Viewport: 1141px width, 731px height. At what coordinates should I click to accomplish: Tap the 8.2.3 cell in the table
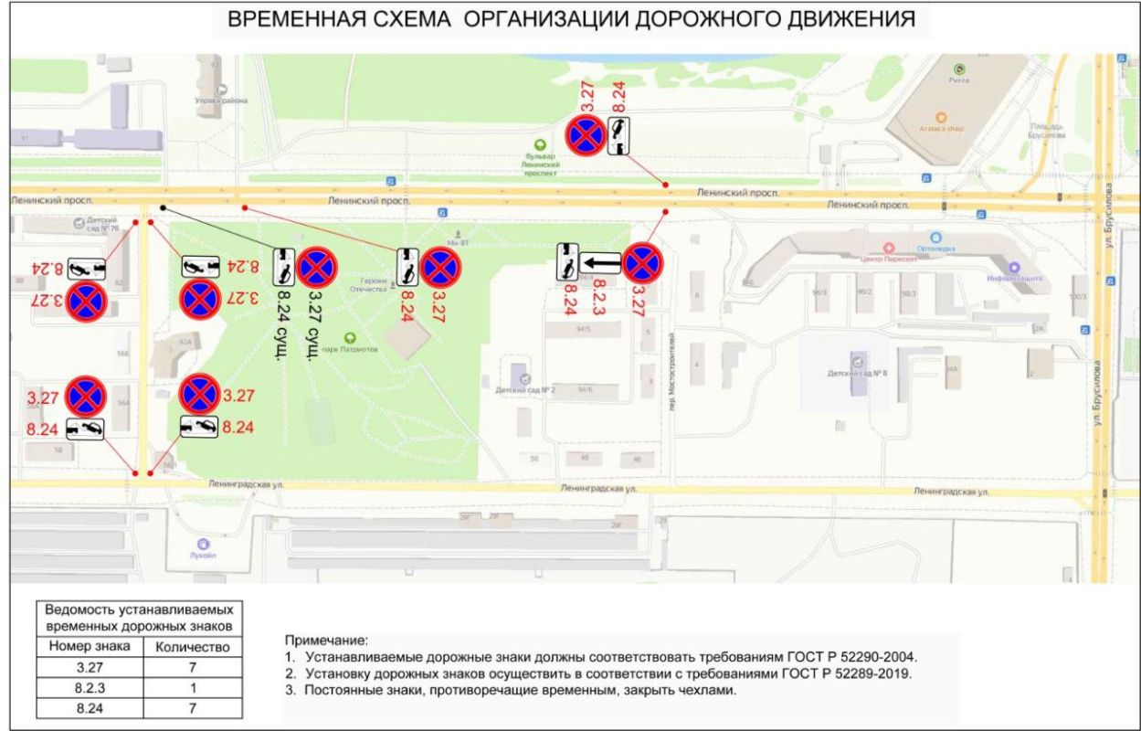coord(89,687)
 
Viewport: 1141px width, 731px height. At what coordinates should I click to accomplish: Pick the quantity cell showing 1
coord(193,687)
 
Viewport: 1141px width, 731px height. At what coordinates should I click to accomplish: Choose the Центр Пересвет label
coord(889,259)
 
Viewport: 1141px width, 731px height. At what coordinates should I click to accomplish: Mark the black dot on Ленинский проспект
coord(163,207)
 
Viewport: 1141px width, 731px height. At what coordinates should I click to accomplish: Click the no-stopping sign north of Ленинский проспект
coord(584,135)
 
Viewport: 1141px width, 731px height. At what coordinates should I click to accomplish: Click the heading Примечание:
coord(325,641)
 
